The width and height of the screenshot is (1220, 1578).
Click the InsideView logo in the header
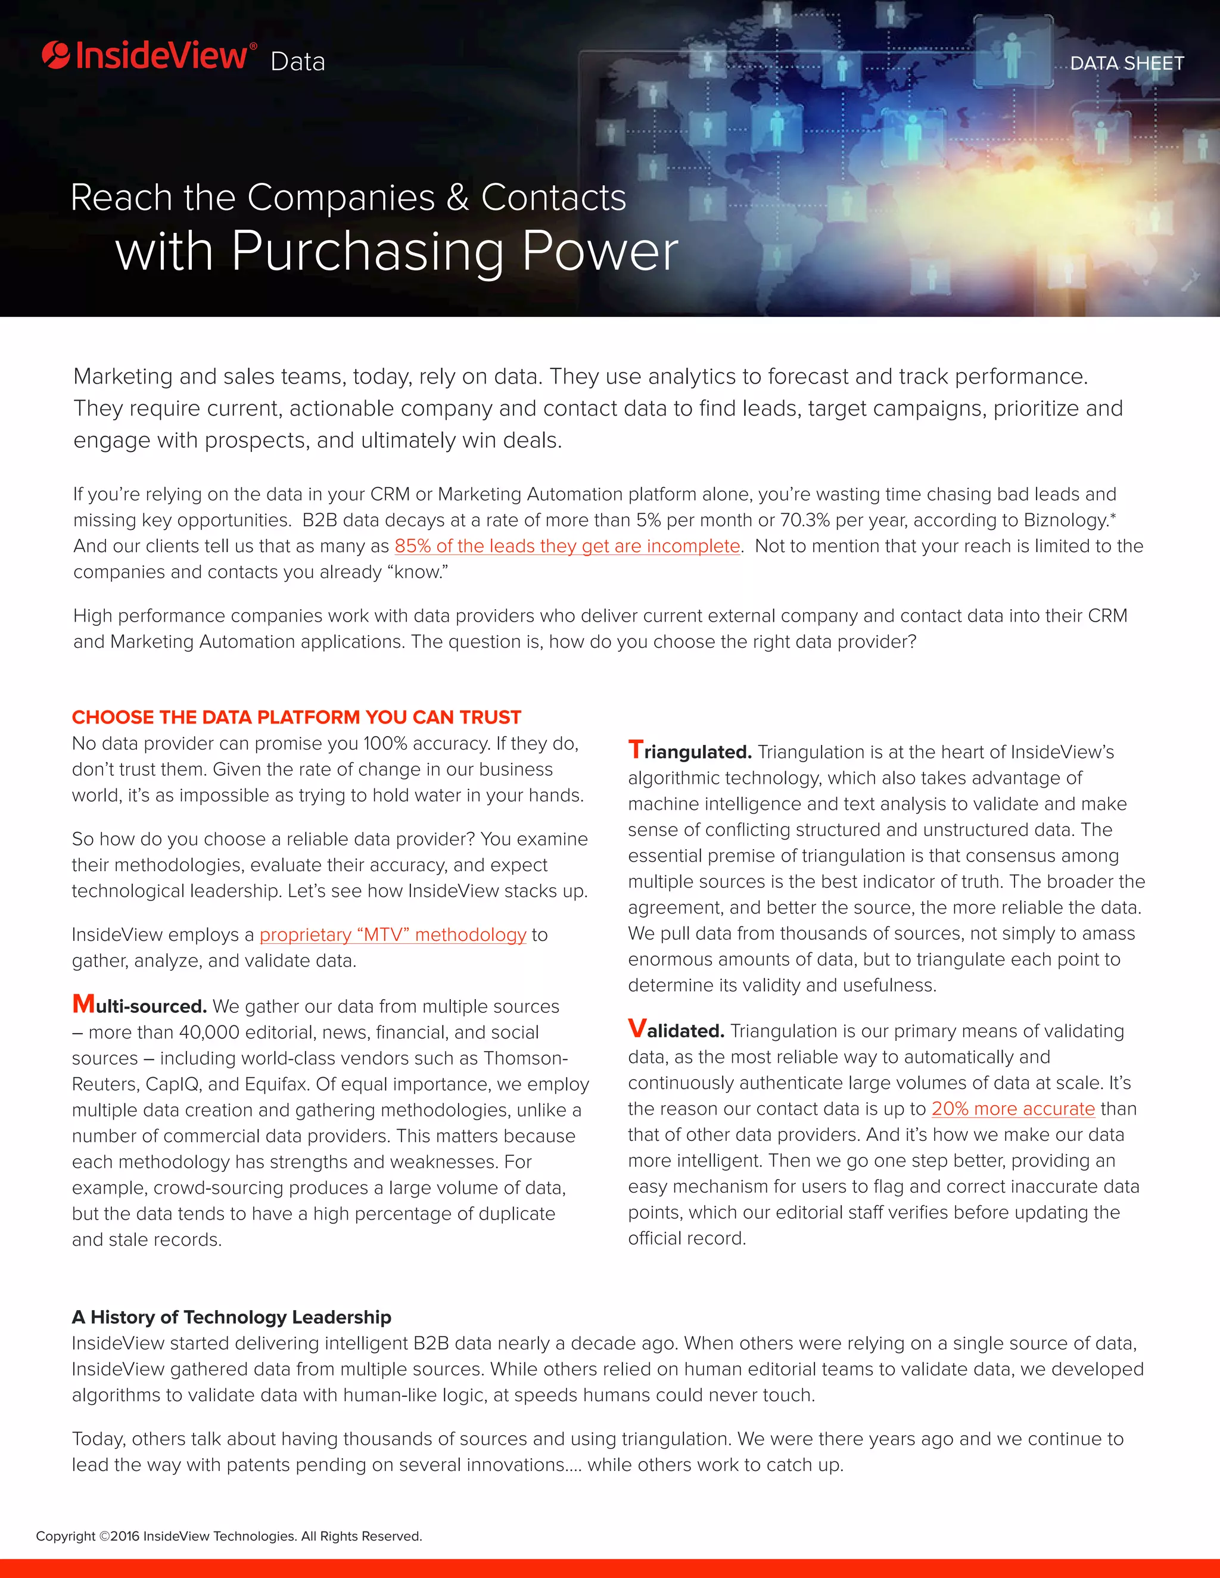(x=149, y=57)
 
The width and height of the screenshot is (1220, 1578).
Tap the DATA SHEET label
(x=1126, y=64)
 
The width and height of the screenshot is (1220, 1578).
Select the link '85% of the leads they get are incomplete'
(x=567, y=546)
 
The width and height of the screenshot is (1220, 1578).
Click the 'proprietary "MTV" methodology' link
(x=393, y=935)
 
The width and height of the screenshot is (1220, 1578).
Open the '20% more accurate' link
(x=1013, y=1109)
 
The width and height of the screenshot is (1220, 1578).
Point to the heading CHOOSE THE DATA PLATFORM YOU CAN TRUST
(x=296, y=718)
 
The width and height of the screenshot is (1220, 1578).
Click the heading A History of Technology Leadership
(x=231, y=1317)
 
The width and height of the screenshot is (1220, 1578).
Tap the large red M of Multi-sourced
(x=83, y=1005)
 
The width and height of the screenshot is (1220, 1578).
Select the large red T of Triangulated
(x=635, y=750)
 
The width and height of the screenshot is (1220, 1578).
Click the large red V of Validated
(x=637, y=1028)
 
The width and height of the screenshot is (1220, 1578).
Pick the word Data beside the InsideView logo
(x=298, y=62)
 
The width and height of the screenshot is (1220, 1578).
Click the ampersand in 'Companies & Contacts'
(x=457, y=198)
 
